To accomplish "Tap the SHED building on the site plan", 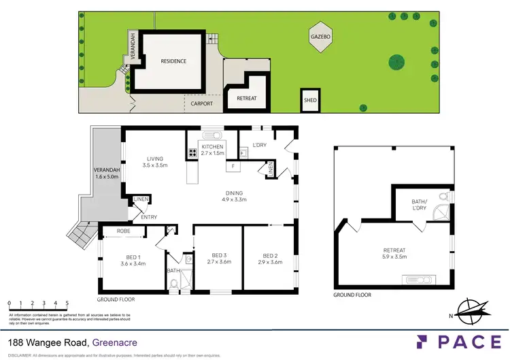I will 309,101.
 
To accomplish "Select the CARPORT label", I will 201,104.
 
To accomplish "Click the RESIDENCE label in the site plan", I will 173,61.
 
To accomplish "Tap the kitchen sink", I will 209,135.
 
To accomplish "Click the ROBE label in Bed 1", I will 123,231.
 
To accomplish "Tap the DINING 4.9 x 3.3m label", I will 235,196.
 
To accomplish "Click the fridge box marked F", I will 233,166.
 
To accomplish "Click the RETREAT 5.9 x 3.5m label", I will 394,253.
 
